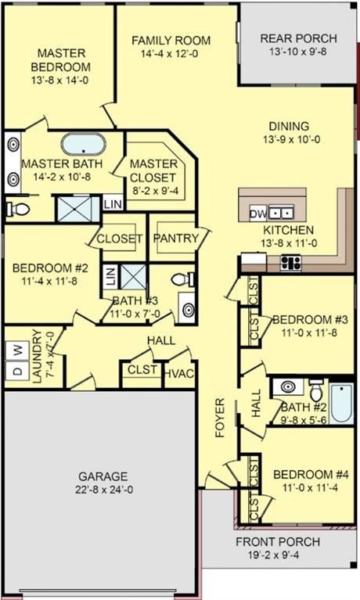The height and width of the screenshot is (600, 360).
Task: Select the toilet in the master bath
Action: coord(20,208)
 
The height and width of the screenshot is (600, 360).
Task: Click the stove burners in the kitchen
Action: coord(292,263)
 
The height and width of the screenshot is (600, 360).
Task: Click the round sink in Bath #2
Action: coord(286,388)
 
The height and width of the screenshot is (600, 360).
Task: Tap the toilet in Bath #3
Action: coord(179,278)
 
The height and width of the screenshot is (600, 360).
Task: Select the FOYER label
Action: coord(220,418)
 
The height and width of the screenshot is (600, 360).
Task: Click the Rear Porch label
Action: coord(298,38)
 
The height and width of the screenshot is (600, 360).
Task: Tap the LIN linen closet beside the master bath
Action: coord(112,205)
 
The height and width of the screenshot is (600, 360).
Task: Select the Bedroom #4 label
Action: coord(305,474)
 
